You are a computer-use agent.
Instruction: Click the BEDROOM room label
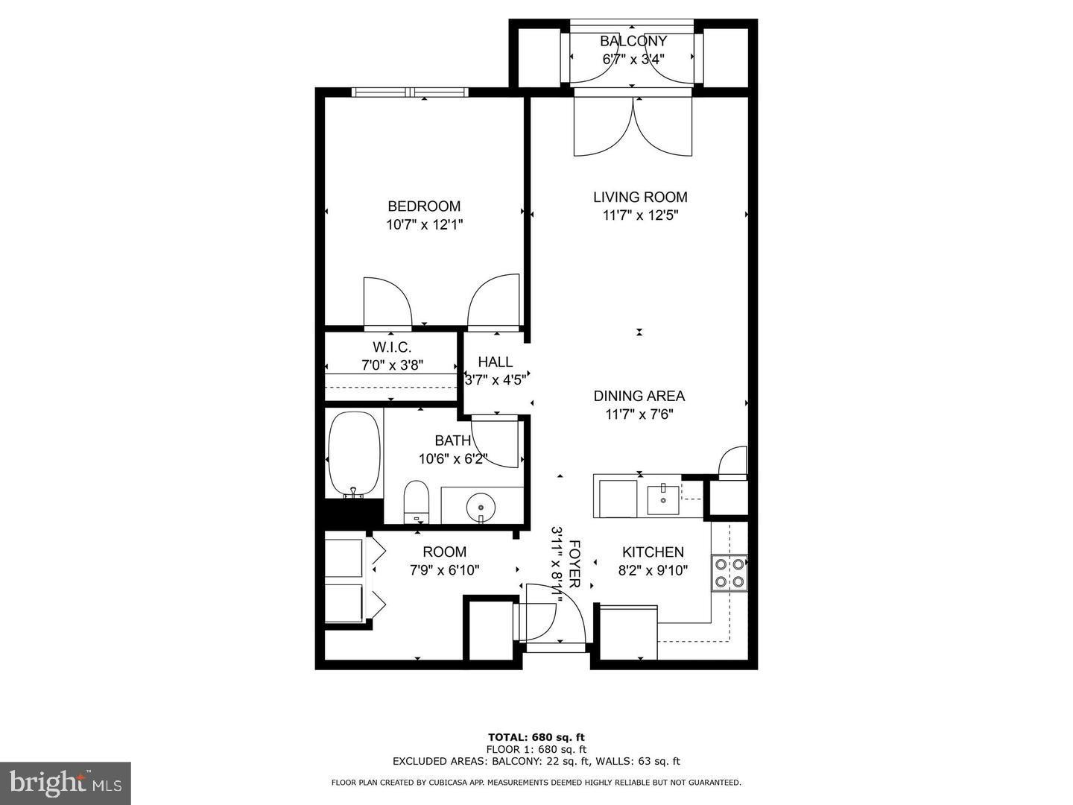[x=424, y=206]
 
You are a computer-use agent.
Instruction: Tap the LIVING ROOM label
[x=640, y=198]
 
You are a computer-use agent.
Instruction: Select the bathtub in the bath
[x=354, y=453]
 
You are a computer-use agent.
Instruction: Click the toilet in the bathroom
[x=417, y=501]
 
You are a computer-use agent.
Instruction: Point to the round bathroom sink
[x=480, y=508]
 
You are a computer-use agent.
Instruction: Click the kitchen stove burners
[x=729, y=572]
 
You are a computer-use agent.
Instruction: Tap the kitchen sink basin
[x=662, y=499]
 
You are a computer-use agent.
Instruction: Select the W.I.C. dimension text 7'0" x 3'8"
[x=392, y=365]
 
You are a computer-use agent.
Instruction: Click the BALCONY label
[x=633, y=41]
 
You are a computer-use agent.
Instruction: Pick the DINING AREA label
[x=639, y=397]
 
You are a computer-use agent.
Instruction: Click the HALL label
[x=495, y=362]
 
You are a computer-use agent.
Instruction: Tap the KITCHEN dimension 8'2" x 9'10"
[x=653, y=570]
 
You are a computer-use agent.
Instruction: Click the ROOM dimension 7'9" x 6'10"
[x=444, y=570]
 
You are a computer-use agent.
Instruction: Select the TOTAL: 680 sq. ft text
[x=536, y=738]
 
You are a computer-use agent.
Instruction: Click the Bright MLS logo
[x=65, y=783]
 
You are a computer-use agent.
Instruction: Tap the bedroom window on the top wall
[x=410, y=92]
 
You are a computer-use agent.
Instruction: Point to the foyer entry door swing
[x=555, y=613]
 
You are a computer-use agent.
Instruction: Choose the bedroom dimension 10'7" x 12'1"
[x=425, y=224]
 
